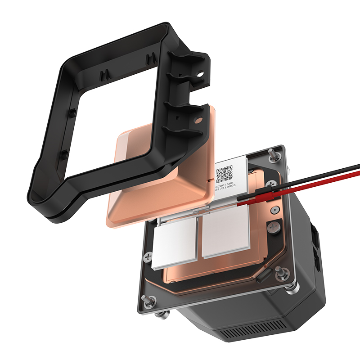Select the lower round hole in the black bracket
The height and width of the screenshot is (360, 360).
(197, 121)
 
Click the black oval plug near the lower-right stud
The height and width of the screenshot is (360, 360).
(264, 276)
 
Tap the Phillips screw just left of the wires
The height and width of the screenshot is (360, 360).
(271, 184)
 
